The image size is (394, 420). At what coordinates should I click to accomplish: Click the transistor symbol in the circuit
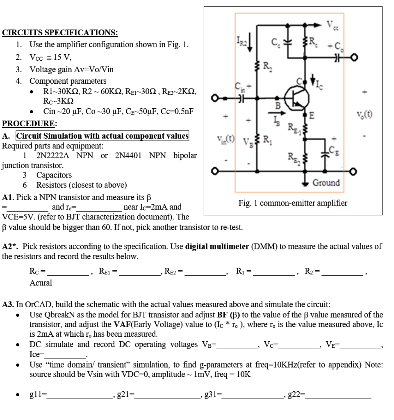295,98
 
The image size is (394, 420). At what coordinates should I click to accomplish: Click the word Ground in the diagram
326,183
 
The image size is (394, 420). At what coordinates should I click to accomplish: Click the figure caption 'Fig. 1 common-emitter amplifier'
293,203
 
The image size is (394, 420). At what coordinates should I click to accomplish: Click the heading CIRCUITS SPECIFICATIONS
60,32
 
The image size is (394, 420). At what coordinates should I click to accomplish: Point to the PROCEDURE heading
30,123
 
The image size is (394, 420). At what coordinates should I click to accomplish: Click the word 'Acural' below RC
41,283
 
